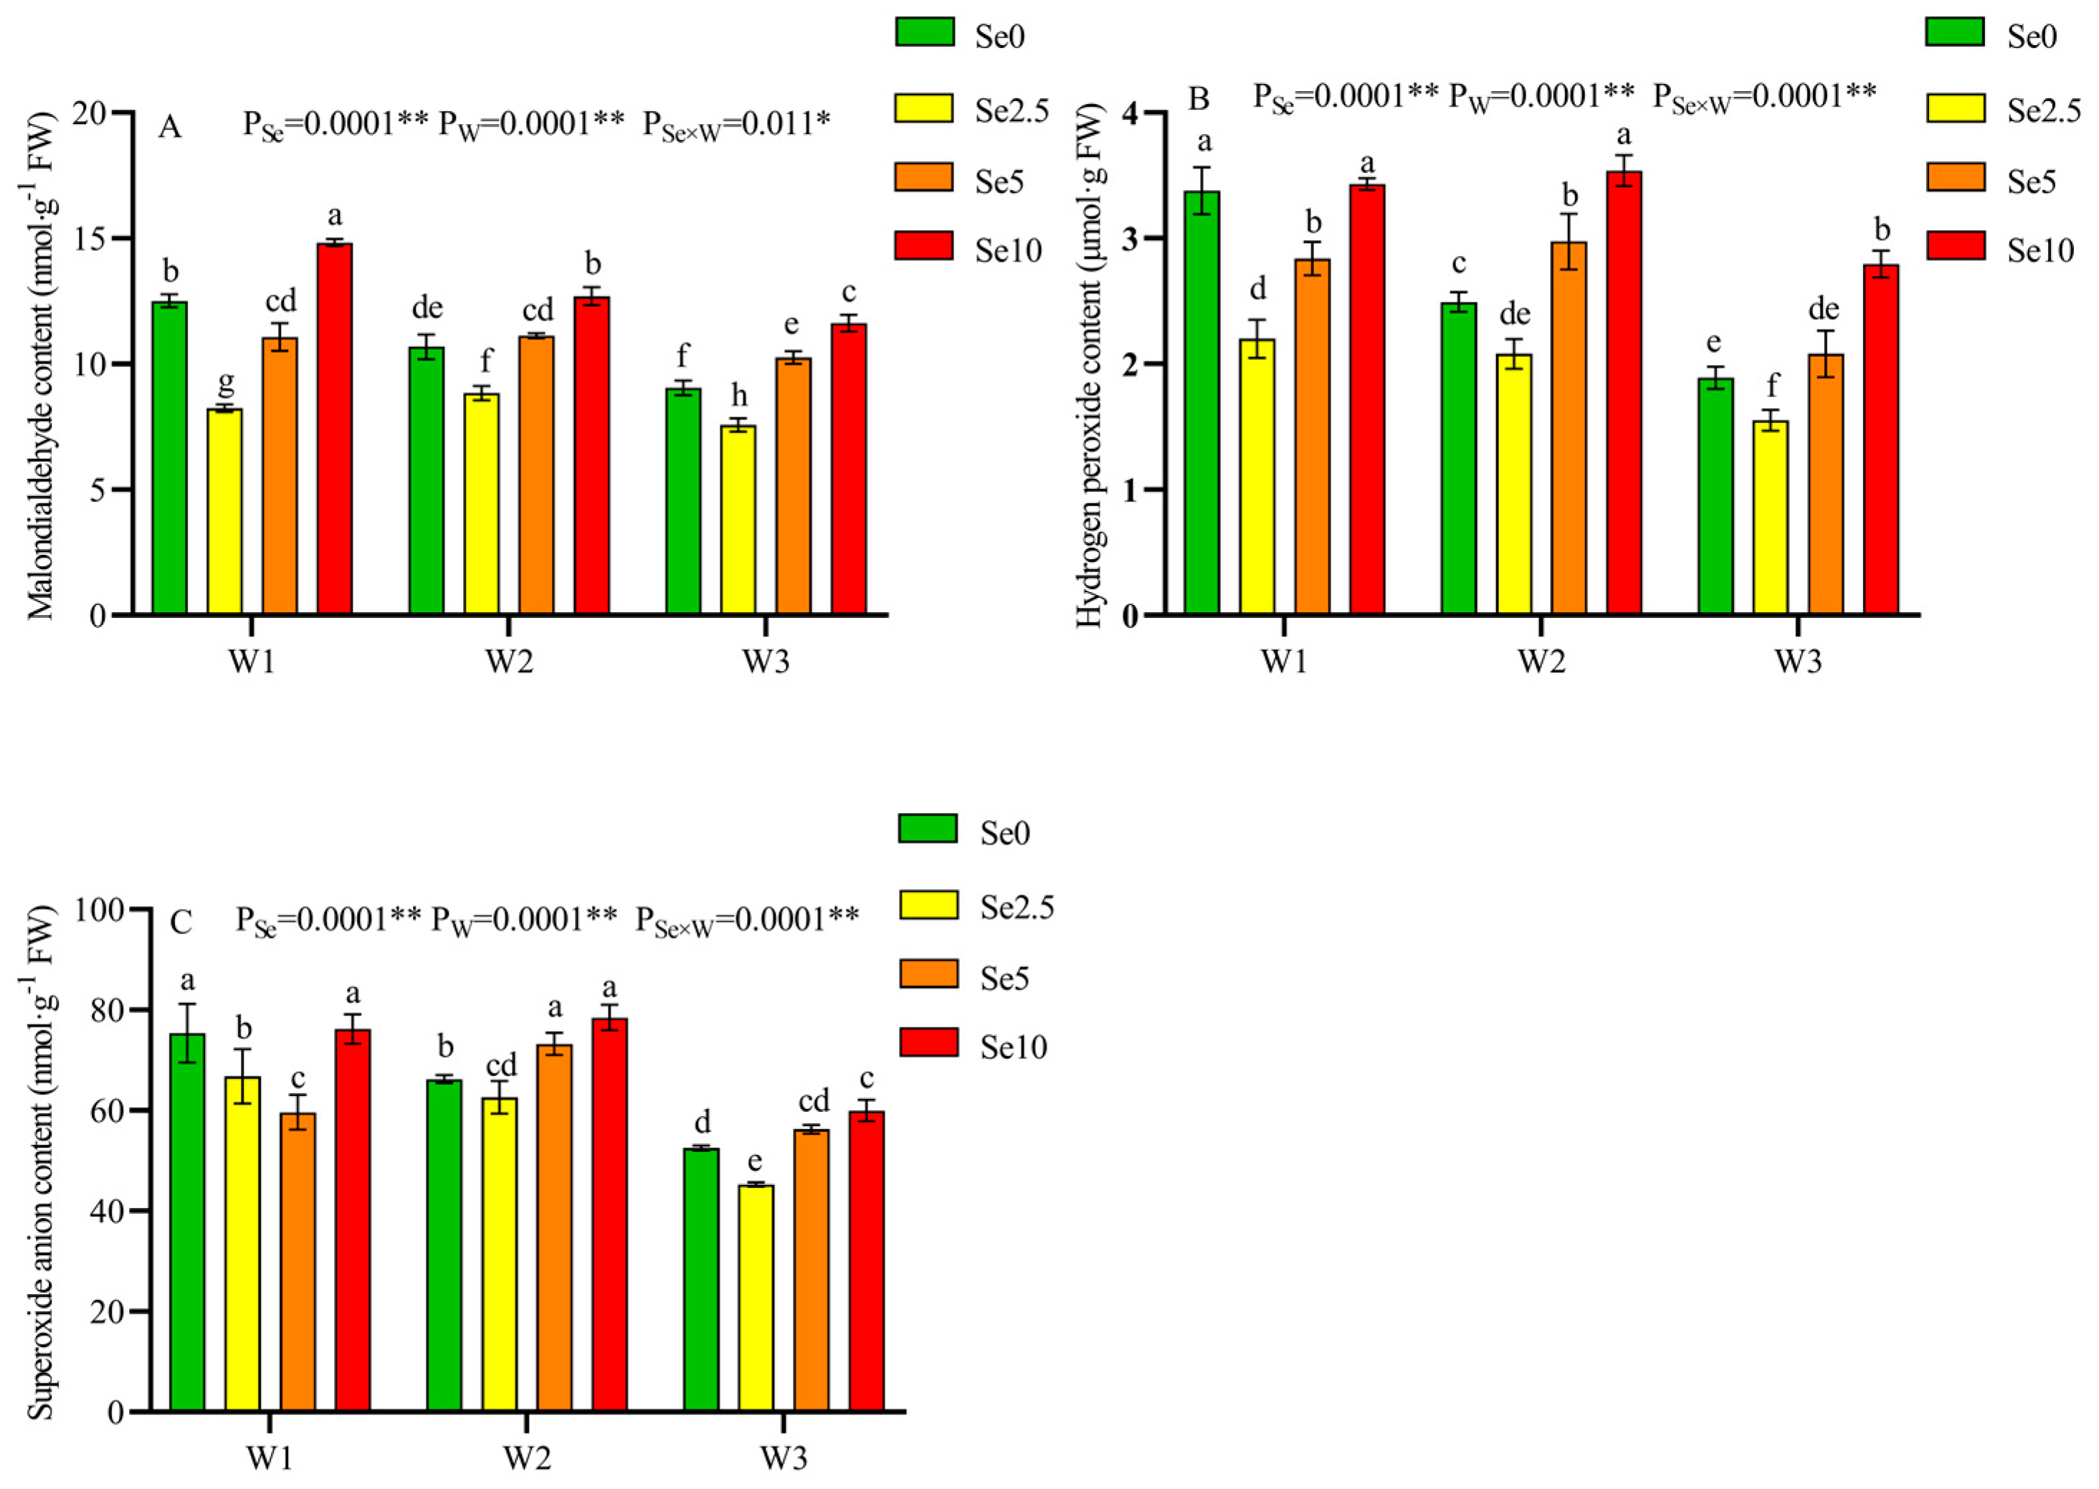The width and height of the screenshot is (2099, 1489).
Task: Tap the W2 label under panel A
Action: (509, 661)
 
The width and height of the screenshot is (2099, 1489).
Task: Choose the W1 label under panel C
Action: (270, 1459)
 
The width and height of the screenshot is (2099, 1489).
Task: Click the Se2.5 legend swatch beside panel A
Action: (923, 109)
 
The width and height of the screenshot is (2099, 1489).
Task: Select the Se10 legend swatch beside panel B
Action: (1955, 247)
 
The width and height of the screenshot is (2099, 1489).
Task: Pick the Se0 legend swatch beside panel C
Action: (928, 829)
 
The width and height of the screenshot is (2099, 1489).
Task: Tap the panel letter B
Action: (1199, 98)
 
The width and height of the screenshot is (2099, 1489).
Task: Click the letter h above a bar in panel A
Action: (739, 396)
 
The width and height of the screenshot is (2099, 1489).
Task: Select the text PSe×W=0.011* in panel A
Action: (736, 124)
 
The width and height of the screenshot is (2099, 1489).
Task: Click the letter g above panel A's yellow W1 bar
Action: (226, 381)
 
